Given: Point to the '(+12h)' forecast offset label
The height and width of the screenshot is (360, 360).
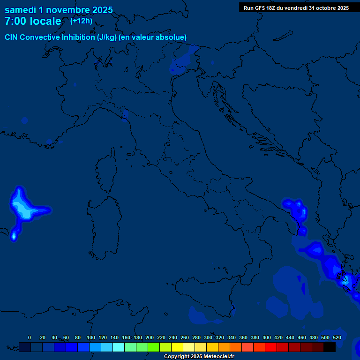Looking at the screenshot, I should click(x=81, y=21).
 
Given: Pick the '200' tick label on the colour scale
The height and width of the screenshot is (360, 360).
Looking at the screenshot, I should click(x=150, y=337).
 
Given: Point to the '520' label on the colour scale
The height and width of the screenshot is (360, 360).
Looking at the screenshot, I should click(x=337, y=337).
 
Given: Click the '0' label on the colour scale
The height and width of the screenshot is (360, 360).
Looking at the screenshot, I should click(x=30, y=337).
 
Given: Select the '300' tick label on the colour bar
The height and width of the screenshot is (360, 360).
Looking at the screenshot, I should click(x=208, y=337).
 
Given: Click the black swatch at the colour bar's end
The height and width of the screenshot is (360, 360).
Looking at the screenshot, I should click(x=330, y=347).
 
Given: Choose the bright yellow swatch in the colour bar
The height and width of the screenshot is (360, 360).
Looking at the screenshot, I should click(x=177, y=347).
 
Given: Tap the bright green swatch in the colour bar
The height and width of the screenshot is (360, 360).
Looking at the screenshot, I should click(x=154, y=347).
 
